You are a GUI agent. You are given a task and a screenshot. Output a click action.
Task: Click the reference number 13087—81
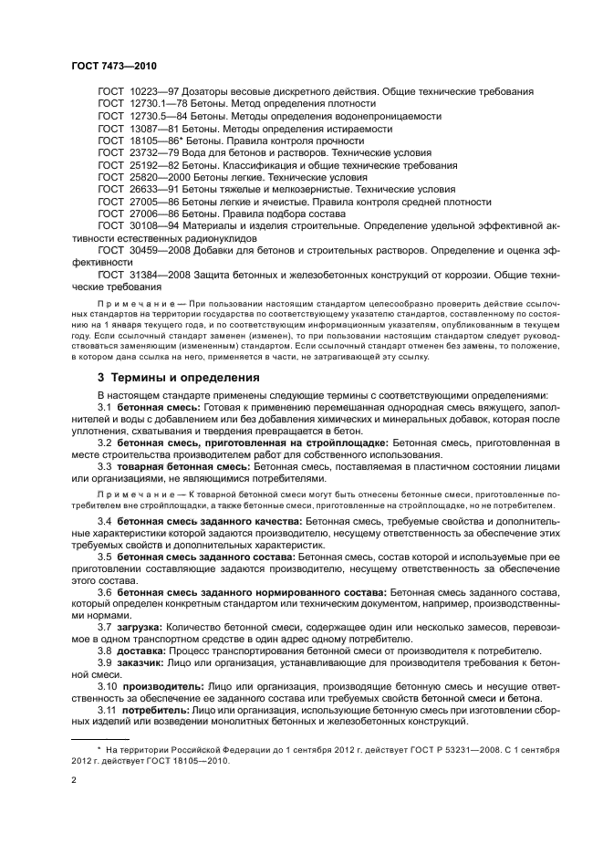click(155, 129)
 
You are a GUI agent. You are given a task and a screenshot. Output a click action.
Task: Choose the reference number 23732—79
click(155, 153)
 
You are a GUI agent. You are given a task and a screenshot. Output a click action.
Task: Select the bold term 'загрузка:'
click(140, 629)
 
